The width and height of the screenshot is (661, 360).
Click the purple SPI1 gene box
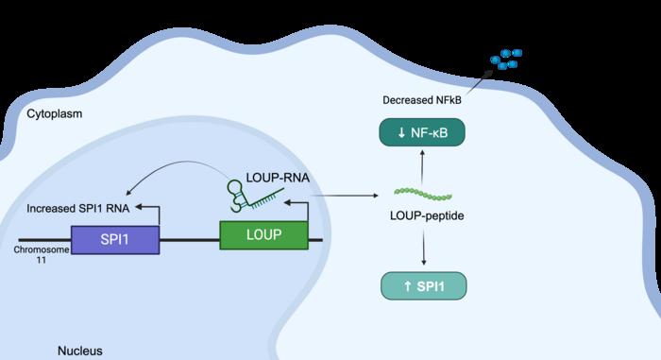[113, 240]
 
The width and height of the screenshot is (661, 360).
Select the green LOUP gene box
[264, 236]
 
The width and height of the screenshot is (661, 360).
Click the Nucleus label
[76, 351]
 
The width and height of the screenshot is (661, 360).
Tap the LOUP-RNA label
[273, 177]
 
